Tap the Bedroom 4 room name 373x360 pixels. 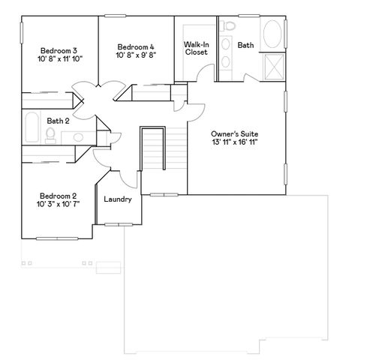(x=136, y=46)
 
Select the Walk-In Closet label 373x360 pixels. (x=196, y=48)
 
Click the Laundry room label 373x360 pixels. (x=118, y=199)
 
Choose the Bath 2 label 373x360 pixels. (x=58, y=120)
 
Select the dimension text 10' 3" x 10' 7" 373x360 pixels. (x=59, y=203)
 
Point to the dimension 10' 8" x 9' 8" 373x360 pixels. (x=136, y=55)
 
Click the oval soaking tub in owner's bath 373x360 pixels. (x=272, y=35)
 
